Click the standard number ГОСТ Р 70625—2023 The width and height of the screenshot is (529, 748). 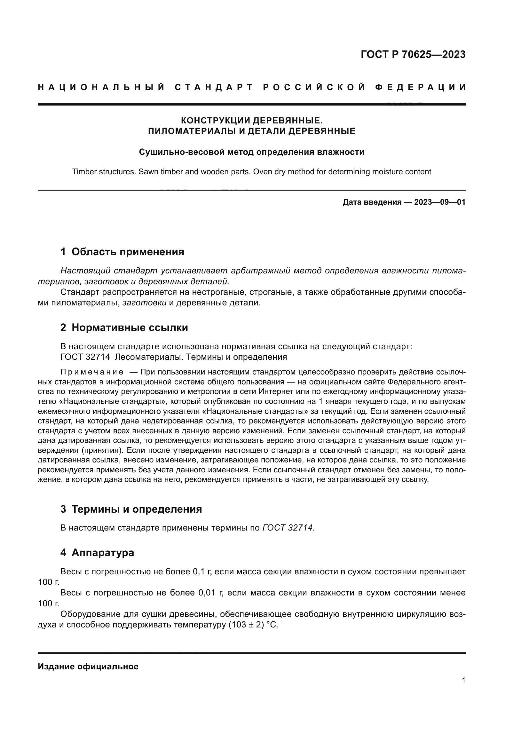pyautogui.click(x=413, y=54)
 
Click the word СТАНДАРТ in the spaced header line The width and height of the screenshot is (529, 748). pyautogui.click(x=214, y=87)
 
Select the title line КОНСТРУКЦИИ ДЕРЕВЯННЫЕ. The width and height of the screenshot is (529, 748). pyautogui.click(x=251, y=121)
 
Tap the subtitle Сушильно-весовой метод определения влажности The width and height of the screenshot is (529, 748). pyautogui.click(x=251, y=152)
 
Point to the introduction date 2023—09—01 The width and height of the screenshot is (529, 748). pyautogui.click(x=439, y=202)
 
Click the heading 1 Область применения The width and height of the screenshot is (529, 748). pyautogui.click(x=122, y=252)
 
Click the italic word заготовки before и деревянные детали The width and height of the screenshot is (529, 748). pyautogui.click(x=144, y=303)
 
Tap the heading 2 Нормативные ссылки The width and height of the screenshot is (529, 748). pyautogui.click(x=124, y=327)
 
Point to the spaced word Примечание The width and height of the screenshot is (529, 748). pyautogui.click(x=92, y=372)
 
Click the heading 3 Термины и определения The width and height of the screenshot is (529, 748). pyautogui.click(x=131, y=509)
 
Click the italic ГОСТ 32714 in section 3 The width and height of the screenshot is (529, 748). pyautogui.click(x=288, y=527)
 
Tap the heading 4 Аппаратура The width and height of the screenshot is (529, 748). pyautogui.click(x=97, y=553)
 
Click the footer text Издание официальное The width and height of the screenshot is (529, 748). pyautogui.click(x=88, y=666)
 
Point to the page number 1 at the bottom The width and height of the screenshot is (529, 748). pyautogui.click(x=463, y=680)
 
